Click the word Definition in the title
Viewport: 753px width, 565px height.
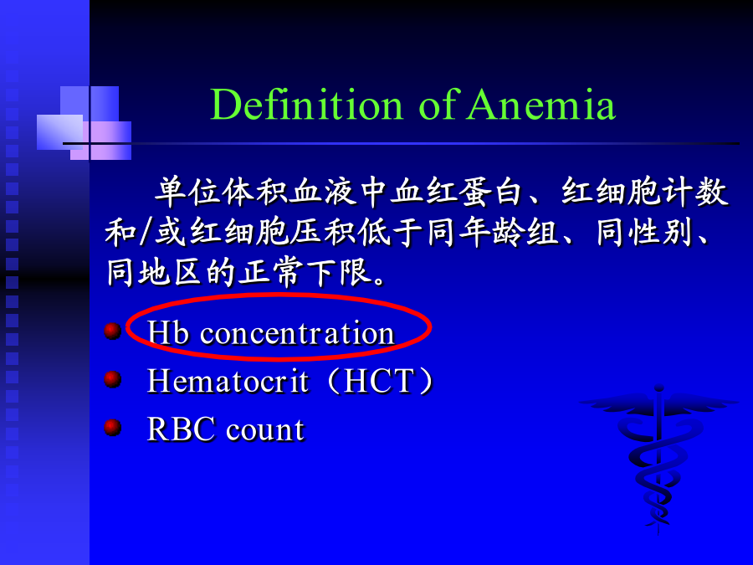(x=306, y=105)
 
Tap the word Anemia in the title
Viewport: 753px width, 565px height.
(x=541, y=105)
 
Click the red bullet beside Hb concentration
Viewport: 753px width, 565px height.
(x=113, y=331)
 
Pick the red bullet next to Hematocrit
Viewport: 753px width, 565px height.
(x=113, y=379)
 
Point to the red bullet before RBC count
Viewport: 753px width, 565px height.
(x=113, y=427)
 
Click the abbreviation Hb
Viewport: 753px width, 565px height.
(x=168, y=332)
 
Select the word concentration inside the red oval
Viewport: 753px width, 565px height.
(x=297, y=333)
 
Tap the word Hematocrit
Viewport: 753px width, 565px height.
(x=228, y=381)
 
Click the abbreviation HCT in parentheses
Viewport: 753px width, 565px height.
(x=379, y=381)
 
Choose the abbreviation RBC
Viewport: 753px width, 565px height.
(x=181, y=429)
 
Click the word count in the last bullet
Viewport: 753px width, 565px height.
(x=265, y=430)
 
